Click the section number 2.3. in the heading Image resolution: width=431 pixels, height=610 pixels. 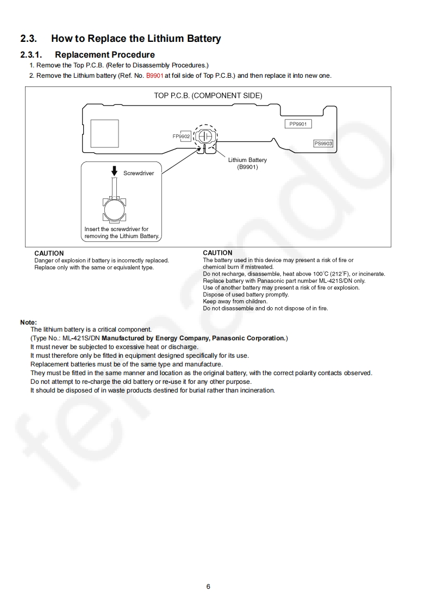[28, 39]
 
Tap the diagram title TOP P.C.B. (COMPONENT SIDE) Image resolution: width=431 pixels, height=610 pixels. [208, 96]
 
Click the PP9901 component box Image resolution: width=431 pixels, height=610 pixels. [298, 124]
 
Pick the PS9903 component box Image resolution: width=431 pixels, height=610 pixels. [323, 144]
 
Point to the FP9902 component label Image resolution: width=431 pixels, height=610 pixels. [181, 136]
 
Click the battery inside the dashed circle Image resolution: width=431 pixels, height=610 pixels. [205, 135]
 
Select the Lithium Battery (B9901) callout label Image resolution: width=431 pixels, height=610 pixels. [247, 164]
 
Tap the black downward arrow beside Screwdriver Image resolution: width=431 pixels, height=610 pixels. [114, 171]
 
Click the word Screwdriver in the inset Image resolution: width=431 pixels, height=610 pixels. [139, 173]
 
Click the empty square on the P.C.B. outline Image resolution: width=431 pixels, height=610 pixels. [104, 133]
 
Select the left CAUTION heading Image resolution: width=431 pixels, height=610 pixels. [49, 253]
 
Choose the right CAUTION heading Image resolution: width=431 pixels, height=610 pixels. [217, 253]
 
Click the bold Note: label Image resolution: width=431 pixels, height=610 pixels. [28, 322]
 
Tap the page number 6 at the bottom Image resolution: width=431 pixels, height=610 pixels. [208, 587]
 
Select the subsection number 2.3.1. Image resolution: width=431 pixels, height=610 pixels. [31, 54]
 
